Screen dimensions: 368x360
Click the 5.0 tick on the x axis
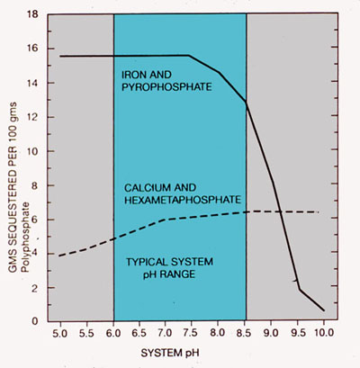(60, 333)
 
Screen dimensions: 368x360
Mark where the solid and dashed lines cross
(280, 211)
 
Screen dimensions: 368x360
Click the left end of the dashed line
(60, 256)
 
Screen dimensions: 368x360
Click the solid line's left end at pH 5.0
(60, 56)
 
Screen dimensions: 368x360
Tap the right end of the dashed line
(319, 212)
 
